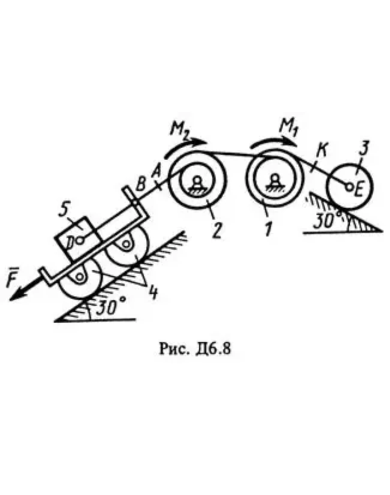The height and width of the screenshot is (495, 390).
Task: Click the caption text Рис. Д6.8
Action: coord(195,348)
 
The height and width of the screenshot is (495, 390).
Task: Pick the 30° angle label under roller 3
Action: coord(325,221)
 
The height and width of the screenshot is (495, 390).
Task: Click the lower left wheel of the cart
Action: coord(79,279)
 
